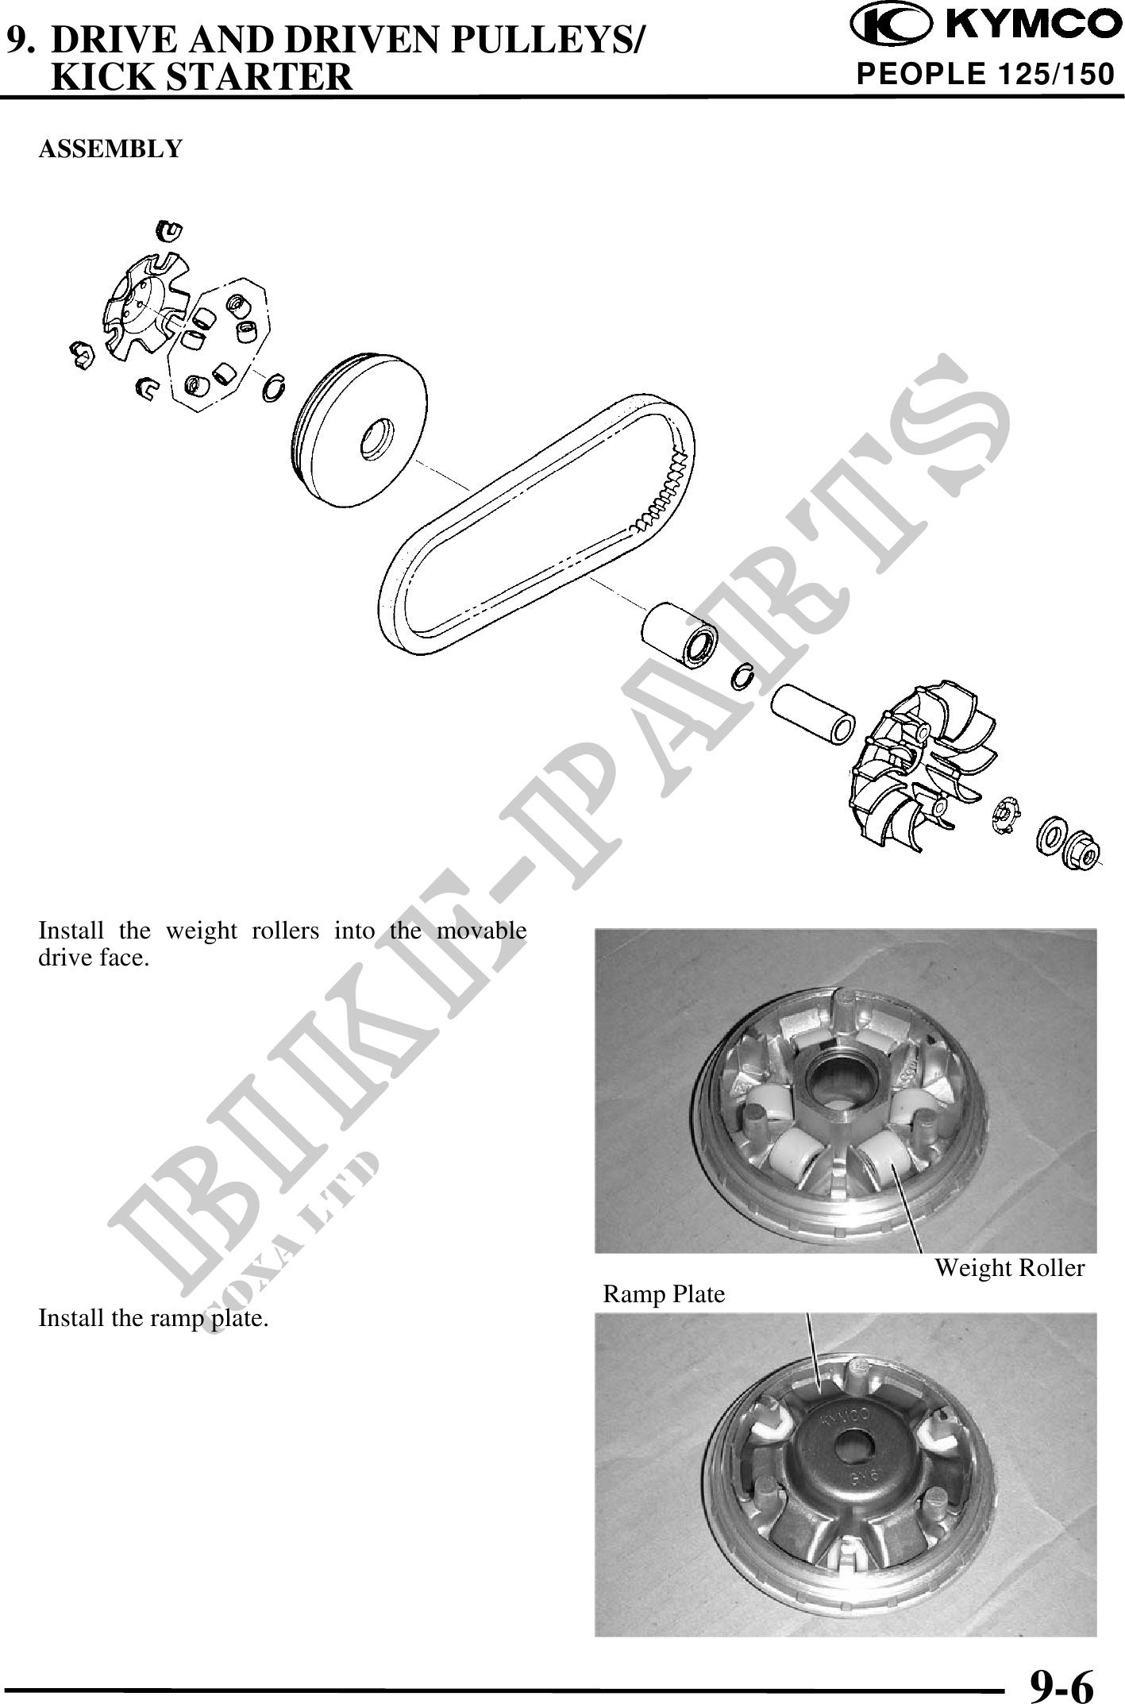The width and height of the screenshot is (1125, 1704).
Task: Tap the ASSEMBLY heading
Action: (110, 148)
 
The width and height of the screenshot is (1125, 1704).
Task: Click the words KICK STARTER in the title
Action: (201, 76)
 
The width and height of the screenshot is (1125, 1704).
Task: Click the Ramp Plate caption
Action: (664, 1294)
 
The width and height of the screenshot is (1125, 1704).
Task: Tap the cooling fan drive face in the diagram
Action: (924, 768)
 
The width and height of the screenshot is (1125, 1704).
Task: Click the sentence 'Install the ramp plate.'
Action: (153, 1319)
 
